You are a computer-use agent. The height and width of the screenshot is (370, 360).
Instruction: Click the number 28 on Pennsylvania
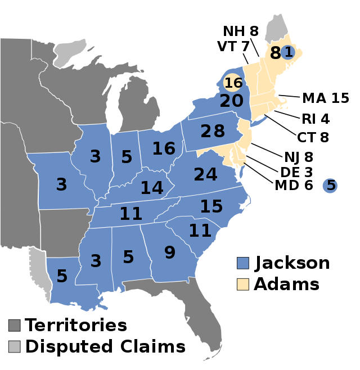click(x=213, y=131)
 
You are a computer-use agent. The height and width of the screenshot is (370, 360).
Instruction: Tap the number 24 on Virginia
click(x=205, y=174)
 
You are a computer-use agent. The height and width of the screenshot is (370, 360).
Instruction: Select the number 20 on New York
click(x=231, y=101)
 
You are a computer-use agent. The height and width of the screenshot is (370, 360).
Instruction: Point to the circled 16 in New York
click(x=233, y=83)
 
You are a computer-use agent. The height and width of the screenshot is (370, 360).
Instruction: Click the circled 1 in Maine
click(x=288, y=52)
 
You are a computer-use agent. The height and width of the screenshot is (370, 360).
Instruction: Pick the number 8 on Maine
click(x=275, y=53)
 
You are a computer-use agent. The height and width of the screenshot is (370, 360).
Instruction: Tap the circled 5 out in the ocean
click(x=330, y=185)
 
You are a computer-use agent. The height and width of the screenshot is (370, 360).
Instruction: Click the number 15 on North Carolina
click(x=211, y=206)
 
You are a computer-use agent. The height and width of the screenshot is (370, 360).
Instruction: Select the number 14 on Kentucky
click(x=152, y=188)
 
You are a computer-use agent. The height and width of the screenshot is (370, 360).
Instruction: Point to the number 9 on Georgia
click(x=169, y=252)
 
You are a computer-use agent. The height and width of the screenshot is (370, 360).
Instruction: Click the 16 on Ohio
click(x=164, y=148)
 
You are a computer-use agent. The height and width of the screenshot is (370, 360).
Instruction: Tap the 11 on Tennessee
click(x=130, y=214)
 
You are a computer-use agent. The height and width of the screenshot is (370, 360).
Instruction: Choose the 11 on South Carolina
click(x=200, y=231)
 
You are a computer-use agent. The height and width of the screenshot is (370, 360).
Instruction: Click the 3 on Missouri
click(x=61, y=184)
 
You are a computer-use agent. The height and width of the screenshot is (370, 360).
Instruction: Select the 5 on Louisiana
click(x=62, y=276)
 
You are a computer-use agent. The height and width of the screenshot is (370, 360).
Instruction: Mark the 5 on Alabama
click(x=128, y=257)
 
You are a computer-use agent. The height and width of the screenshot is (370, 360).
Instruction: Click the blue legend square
click(x=243, y=263)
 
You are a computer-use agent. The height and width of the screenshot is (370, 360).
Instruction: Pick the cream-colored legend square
click(x=243, y=284)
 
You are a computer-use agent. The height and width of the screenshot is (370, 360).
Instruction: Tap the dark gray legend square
click(x=15, y=326)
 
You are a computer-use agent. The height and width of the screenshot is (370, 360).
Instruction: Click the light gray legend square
click(x=15, y=346)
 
